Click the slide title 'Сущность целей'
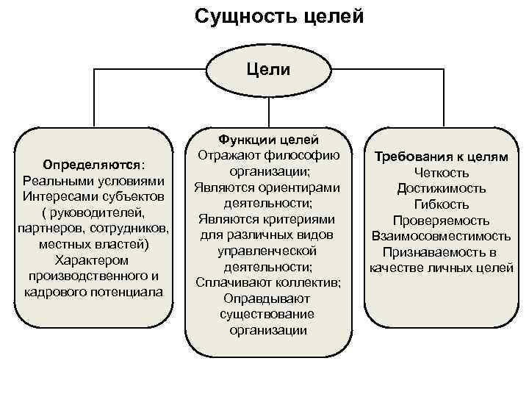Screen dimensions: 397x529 point(279,15)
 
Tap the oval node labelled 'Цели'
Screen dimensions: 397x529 point(268,71)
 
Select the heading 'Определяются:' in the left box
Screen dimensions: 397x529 point(93,164)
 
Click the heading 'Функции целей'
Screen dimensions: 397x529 point(267,138)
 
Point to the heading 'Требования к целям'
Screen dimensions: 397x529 point(442,157)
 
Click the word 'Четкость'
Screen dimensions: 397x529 point(442,173)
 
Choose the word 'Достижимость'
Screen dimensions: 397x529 point(441,189)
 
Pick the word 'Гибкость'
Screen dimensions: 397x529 point(442,205)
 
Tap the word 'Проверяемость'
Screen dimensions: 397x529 point(441,221)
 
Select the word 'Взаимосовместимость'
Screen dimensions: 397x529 point(441,237)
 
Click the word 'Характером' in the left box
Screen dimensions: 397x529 point(92,260)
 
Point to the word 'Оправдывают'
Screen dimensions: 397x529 point(267,298)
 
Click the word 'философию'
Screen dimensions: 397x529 point(305,154)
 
